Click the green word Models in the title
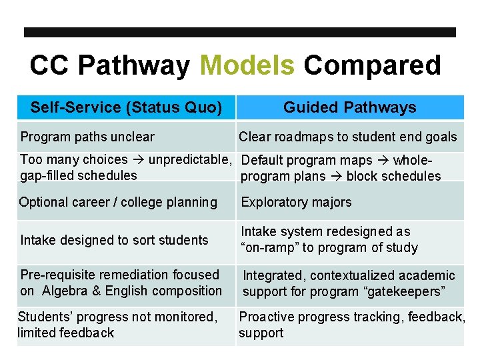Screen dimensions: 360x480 247,66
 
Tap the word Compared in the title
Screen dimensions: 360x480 372,66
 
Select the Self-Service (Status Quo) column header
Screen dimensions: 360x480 127,107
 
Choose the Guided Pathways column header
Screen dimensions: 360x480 349,107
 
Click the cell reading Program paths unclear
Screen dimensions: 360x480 87,137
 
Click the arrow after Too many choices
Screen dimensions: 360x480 138,160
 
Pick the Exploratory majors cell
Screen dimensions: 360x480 296,202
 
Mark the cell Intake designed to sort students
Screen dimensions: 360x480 114,240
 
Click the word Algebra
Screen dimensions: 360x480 65,291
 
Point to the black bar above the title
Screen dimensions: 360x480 240,32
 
